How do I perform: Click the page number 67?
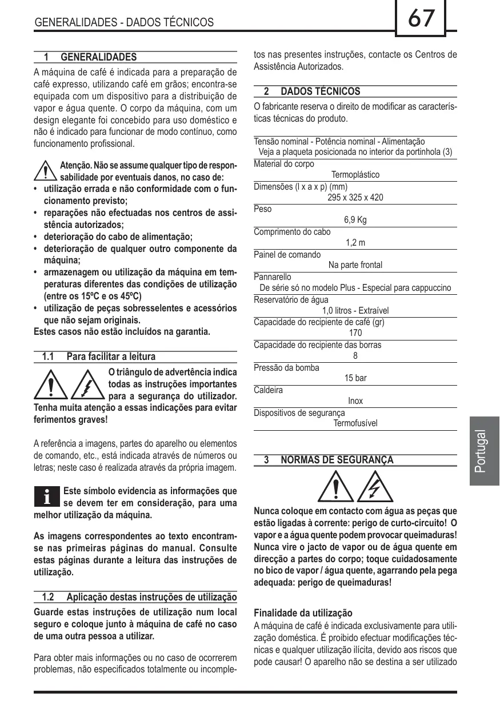(421, 19)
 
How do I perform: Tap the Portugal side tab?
(483, 451)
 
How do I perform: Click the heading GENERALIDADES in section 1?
(98, 57)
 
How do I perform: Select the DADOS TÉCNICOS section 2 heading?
(320, 91)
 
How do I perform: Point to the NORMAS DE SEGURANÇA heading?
(337, 460)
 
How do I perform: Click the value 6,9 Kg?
(355, 220)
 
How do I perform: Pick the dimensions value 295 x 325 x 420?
(355, 198)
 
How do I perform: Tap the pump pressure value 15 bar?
(355, 378)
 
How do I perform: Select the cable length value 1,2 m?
(355, 243)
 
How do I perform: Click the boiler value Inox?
(355, 401)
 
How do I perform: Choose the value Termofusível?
(355, 423)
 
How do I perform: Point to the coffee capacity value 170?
(355, 333)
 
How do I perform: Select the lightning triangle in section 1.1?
(87, 384)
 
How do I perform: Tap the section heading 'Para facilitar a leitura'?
(111, 356)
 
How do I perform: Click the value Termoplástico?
(355, 175)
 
